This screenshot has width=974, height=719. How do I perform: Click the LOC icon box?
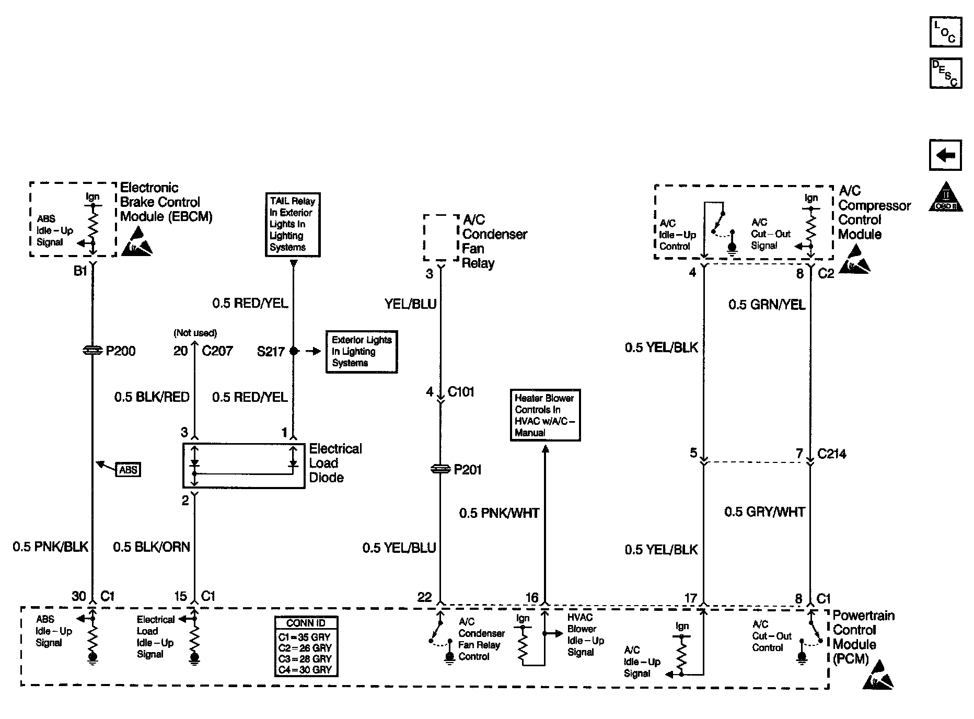coord(945,32)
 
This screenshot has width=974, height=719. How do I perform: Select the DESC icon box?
coord(945,73)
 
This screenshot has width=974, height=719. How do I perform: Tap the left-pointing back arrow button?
coord(945,155)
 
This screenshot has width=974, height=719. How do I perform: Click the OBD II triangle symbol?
coord(946,198)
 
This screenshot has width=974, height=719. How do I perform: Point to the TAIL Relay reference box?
coord(293,224)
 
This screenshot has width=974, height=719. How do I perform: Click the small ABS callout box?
coord(128,469)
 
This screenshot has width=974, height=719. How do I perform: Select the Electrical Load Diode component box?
coord(243,466)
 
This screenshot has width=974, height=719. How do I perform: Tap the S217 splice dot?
coord(294,351)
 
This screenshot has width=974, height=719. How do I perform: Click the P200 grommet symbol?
coord(92,351)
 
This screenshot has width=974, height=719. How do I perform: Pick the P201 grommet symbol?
coord(440,469)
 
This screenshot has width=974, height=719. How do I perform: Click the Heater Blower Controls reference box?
coord(544,415)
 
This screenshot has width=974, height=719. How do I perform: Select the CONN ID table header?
coord(306,623)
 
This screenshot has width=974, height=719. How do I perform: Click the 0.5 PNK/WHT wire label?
coord(499,513)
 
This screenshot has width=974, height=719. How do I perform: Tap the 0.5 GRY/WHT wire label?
coord(764,512)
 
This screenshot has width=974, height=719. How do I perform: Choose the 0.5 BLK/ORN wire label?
coord(152,547)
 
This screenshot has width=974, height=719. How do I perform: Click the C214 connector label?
coord(831,454)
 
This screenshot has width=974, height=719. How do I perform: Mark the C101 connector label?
coord(461,391)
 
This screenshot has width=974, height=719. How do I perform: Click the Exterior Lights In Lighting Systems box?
coord(362,351)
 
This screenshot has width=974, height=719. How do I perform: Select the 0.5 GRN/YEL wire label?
coord(767,305)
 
